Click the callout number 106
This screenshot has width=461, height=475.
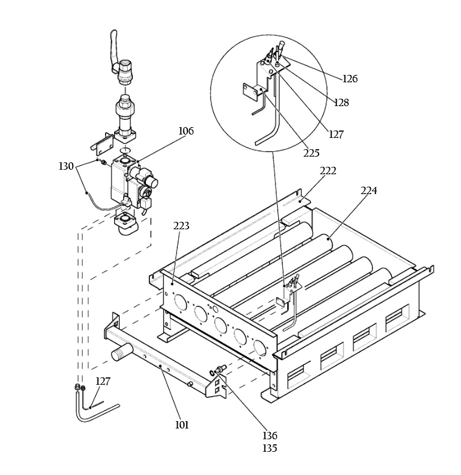[186, 131]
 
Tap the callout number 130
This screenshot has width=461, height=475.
[66, 166]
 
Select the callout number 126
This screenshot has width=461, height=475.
[350, 79]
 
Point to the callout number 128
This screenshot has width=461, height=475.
[341, 103]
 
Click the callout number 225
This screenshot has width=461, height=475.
[312, 153]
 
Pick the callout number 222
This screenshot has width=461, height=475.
[328, 171]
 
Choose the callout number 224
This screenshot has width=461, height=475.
[369, 191]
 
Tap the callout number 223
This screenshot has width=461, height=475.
[181, 226]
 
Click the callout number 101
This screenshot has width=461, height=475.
[182, 424]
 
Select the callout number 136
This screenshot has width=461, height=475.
[270, 436]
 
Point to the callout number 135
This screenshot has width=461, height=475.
[270, 448]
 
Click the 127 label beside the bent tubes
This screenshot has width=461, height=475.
[103, 381]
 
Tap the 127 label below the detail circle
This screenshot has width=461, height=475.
[336, 134]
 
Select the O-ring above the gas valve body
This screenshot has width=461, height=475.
[124, 150]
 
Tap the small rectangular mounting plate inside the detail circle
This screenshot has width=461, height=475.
[248, 91]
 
